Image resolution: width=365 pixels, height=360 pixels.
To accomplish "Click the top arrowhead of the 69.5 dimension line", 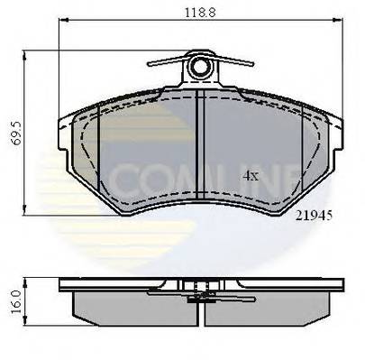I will (27, 51).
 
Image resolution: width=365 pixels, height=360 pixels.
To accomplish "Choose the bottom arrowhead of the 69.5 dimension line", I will (27, 212).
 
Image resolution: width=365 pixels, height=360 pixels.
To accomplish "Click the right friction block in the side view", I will (275, 307).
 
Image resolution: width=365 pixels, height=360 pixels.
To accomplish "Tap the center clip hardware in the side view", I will (199, 291).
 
